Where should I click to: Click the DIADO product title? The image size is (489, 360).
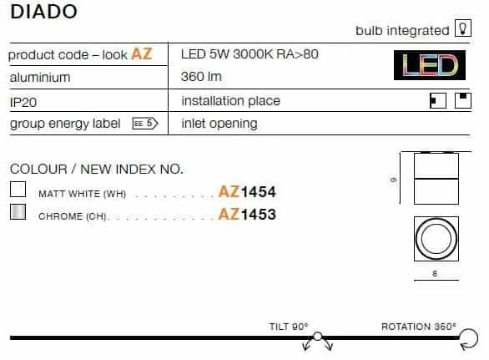pos(43,12)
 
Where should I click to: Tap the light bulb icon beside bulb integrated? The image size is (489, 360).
pos(463,28)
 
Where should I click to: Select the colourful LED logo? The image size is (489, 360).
pos(430,65)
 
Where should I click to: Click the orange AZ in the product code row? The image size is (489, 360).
pos(142,53)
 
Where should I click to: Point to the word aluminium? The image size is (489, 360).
pos(40,78)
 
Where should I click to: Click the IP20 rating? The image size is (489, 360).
pos(23,102)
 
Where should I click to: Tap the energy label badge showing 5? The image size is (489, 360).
pos(145,124)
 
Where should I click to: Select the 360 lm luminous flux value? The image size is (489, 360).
pos(201,77)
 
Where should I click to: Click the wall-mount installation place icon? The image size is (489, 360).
pos(438,100)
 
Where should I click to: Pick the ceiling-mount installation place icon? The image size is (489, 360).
pos(463,100)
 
